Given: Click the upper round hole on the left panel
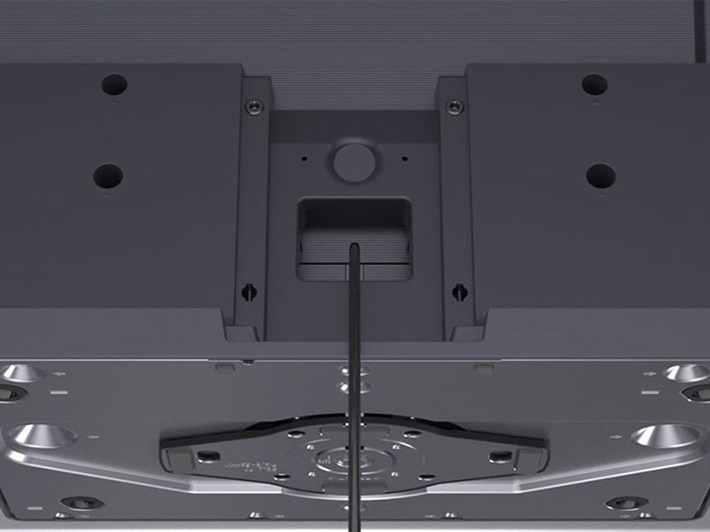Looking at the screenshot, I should click(x=115, y=85).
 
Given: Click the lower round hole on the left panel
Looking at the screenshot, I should click(x=108, y=175).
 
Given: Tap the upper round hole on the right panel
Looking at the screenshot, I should click(x=594, y=85).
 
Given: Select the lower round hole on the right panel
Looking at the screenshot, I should click(x=601, y=174).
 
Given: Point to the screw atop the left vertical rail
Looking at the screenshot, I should click(x=251, y=107).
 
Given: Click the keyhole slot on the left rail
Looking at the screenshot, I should click(x=249, y=292).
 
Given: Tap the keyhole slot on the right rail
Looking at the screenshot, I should click(x=458, y=292).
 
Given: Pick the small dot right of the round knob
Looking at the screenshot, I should click(x=404, y=158).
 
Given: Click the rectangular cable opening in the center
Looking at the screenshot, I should click(x=353, y=238).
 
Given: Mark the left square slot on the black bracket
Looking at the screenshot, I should click(x=210, y=456).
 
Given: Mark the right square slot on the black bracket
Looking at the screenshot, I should click(x=500, y=456).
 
